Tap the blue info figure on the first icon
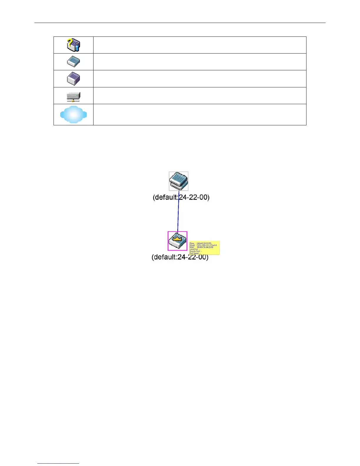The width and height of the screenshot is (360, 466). click(77, 47)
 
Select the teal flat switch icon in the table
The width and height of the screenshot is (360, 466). click(73, 62)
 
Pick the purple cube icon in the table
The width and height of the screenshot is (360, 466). click(73, 79)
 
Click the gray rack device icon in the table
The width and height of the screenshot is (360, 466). click(73, 96)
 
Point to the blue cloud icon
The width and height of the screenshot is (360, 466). click(73, 114)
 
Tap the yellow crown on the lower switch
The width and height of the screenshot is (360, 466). click(177, 238)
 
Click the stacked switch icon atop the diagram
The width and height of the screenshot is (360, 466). click(179, 181)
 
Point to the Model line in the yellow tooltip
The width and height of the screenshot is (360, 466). click(203, 245)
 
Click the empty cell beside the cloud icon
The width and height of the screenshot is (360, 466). click(200, 114)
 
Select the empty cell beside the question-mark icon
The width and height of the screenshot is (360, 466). click(200, 45)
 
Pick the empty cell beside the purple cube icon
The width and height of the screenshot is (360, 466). click(200, 79)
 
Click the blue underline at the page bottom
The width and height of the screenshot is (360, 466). click(58, 463)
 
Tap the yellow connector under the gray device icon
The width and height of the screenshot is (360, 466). click(73, 101)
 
